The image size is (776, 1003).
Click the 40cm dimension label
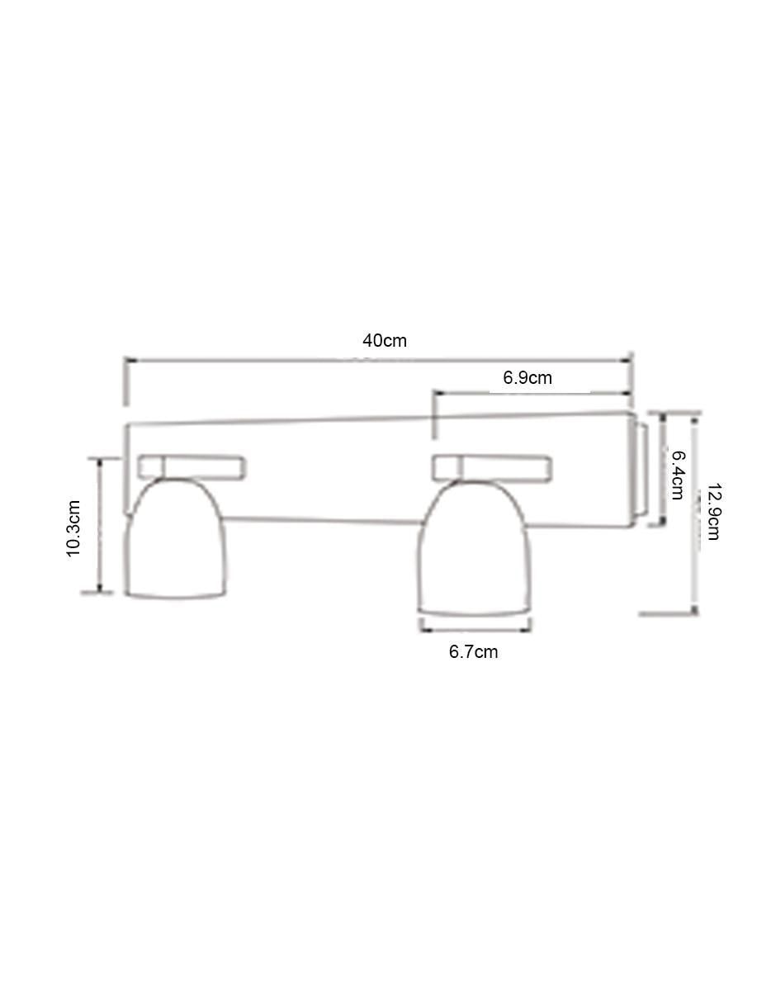(x=385, y=341)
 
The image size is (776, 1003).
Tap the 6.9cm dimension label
(x=527, y=378)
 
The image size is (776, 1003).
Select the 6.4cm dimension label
(x=678, y=475)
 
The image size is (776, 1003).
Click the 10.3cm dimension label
(x=73, y=528)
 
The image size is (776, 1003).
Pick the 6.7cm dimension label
(x=473, y=652)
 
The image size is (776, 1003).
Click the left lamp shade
(x=176, y=539)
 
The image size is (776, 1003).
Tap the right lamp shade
(x=475, y=549)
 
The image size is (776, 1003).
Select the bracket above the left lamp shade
(x=192, y=466)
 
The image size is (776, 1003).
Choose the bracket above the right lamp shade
(x=491, y=468)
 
